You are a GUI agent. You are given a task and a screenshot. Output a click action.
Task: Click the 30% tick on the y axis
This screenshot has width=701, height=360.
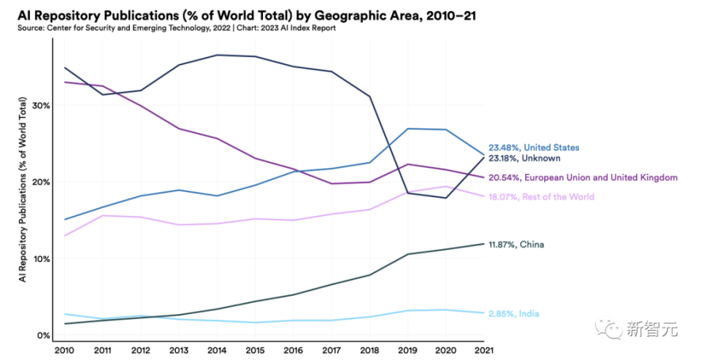click(x=41, y=105)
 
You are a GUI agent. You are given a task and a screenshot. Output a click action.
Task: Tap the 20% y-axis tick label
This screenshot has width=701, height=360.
click(x=41, y=182)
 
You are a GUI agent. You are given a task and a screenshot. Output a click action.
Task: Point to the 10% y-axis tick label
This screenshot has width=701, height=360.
click(x=42, y=258)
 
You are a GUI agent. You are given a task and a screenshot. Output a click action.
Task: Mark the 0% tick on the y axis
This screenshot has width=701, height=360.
click(x=44, y=335)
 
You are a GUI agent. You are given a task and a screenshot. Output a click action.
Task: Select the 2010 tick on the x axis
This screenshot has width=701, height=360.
click(x=64, y=351)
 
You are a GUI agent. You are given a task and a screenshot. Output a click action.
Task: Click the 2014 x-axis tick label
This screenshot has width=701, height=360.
click(x=217, y=351)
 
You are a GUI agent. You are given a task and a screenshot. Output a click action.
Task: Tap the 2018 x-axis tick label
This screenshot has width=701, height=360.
click(x=369, y=351)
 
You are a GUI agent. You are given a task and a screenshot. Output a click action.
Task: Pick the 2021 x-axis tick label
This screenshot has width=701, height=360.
click(x=483, y=351)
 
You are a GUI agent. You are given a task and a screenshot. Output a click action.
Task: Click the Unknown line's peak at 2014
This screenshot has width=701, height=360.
click(x=217, y=55)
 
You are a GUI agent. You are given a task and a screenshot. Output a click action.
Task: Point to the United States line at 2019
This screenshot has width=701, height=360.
click(x=407, y=129)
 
